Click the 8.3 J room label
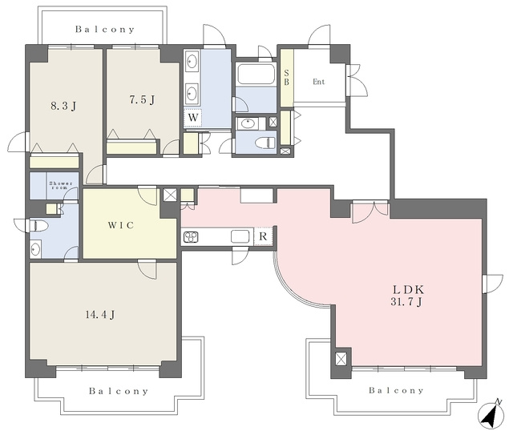pyautogui.click(x=64, y=106)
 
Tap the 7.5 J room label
pyautogui.click(x=142, y=99)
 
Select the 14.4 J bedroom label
pyautogui.click(x=99, y=315)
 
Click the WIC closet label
pyautogui.click(x=121, y=225)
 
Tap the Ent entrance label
pyautogui.click(x=319, y=82)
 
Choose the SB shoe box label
pyautogui.click(x=287, y=78)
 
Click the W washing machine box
pyautogui.click(x=193, y=117)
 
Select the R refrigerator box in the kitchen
pyautogui.click(x=264, y=236)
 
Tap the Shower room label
pyautogui.click(x=61, y=185)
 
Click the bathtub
pyautogui.click(x=256, y=74)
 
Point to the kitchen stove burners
pyautogui.click(x=190, y=236)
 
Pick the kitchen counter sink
pyautogui.click(x=240, y=236)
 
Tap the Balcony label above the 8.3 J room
pyautogui.click(x=105, y=30)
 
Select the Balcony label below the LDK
pyautogui.click(x=396, y=390)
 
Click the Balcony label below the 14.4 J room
pyautogui.click(x=119, y=391)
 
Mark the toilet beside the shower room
pyautogui.click(x=38, y=225)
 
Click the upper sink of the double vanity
pyautogui.click(x=192, y=62)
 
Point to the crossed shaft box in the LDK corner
pyautogui.click(x=341, y=359)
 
